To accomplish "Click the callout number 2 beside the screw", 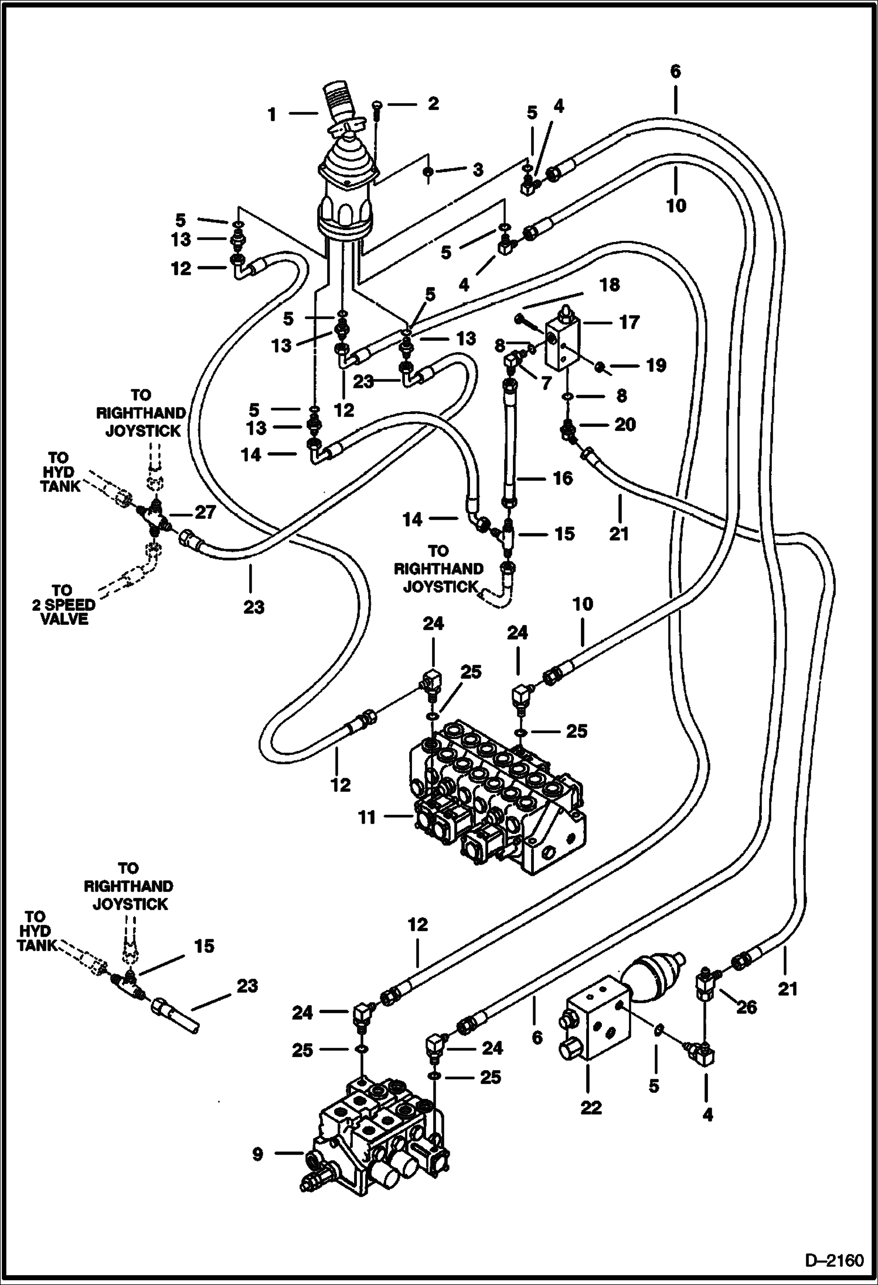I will coord(433,104).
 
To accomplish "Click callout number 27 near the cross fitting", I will coord(206,512).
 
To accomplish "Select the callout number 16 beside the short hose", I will coord(563,478).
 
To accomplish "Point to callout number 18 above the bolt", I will coord(610,285).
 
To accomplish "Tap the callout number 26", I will coord(746,1007).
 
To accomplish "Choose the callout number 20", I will coord(625,424).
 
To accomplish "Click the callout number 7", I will coord(546,384).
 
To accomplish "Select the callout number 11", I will coord(366,816).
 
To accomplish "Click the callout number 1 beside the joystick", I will coord(272,115).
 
